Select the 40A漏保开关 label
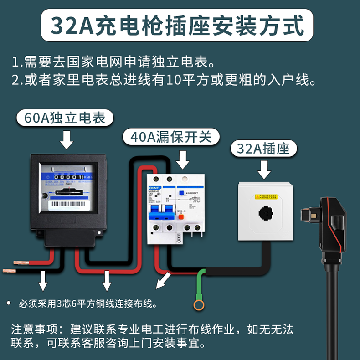coord(171,136)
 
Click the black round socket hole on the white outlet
coord(264,213)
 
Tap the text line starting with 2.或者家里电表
coord(164,81)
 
